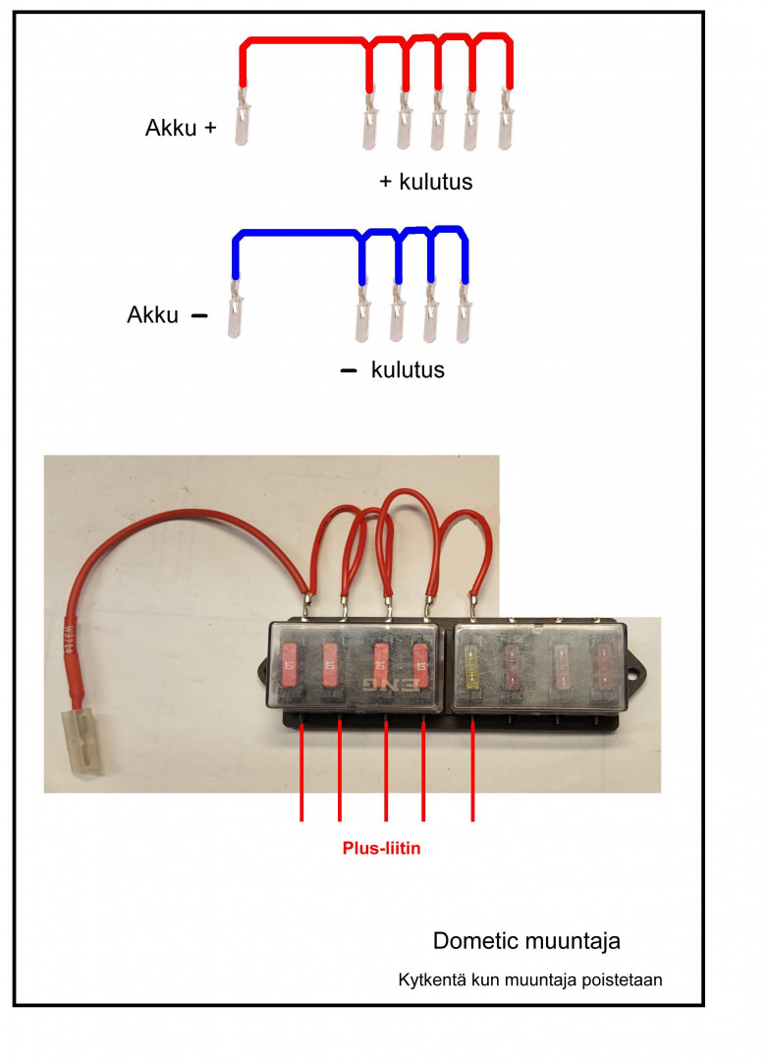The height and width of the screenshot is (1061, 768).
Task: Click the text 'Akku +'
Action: click(180, 128)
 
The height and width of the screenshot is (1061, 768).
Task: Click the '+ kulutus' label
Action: click(426, 182)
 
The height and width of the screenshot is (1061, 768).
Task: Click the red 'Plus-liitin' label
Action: click(381, 848)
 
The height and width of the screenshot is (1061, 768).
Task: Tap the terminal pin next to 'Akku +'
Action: click(242, 118)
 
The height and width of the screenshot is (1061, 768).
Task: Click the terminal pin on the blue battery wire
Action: click(234, 309)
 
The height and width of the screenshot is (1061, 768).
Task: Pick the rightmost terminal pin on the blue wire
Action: click(464, 312)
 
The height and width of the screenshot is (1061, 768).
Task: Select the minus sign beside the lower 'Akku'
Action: click(199, 316)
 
